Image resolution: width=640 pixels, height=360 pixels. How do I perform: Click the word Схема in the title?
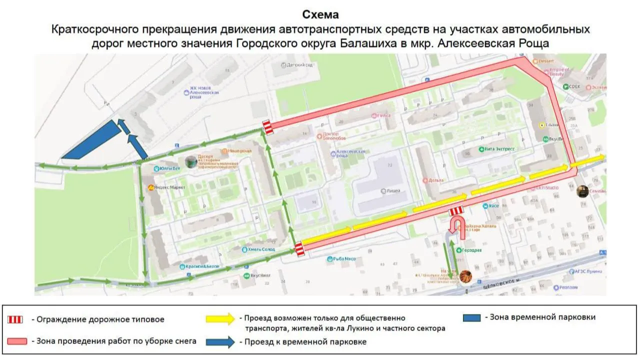[x=320, y=14]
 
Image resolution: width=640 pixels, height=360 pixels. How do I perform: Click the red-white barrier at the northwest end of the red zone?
[x=268, y=127]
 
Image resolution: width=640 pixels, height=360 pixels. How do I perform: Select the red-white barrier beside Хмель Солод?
[x=299, y=249]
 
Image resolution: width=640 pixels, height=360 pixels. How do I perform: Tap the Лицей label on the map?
[x=392, y=190]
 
